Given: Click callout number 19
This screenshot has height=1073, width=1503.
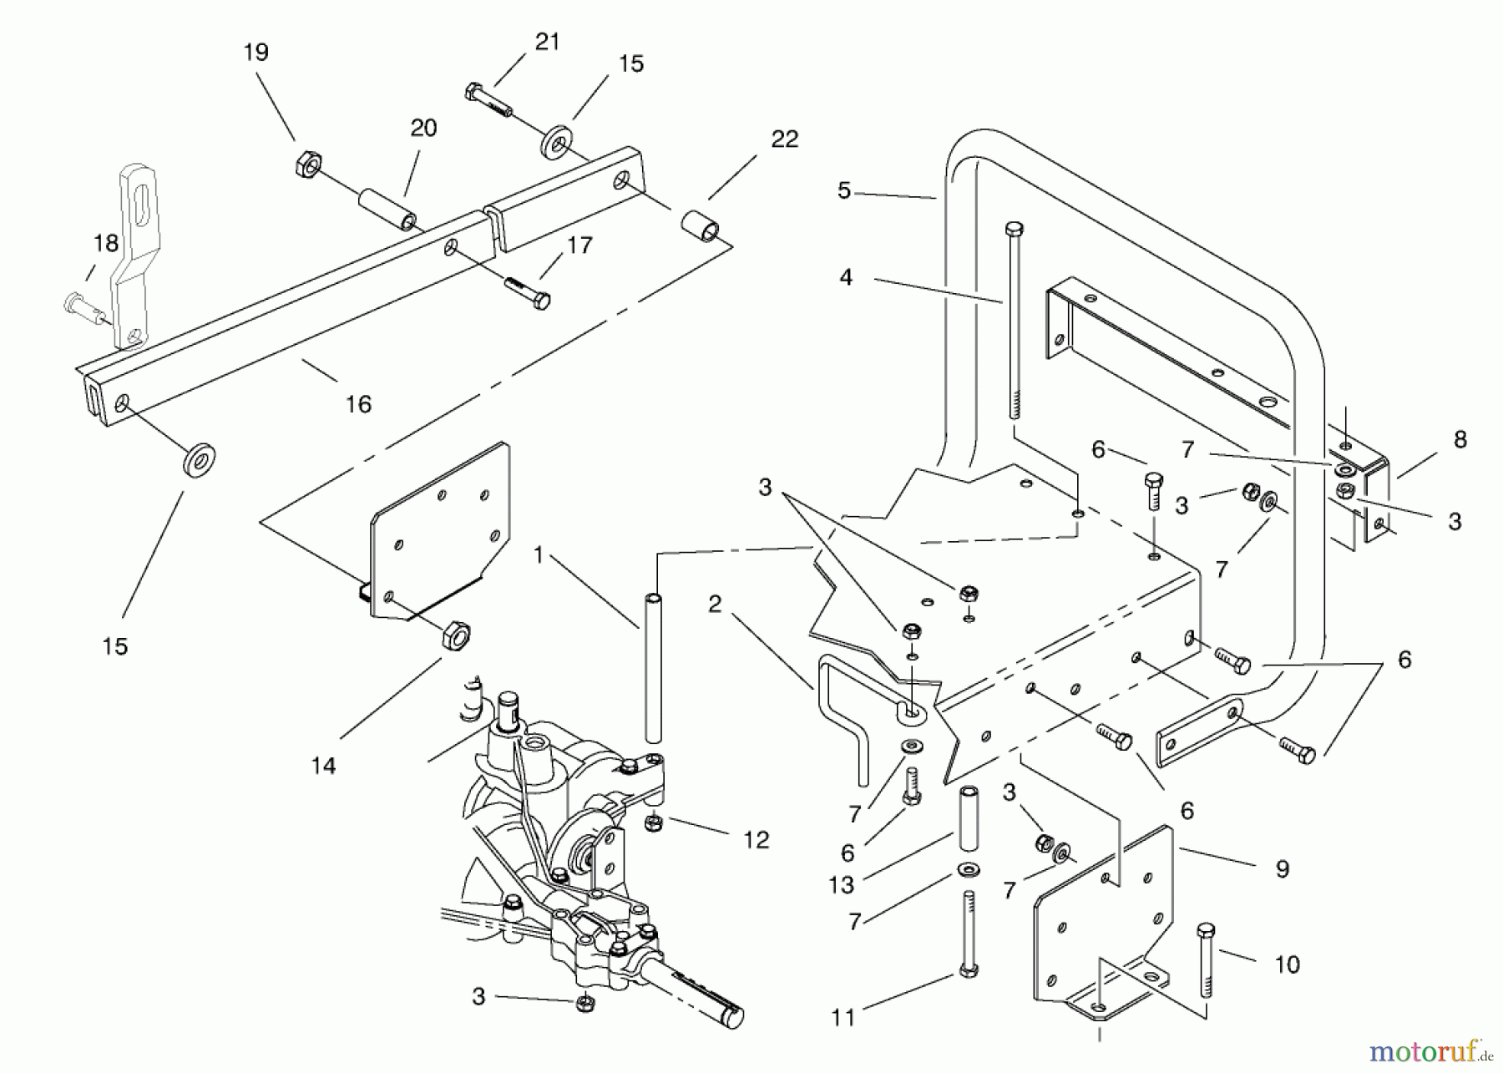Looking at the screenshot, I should (x=256, y=53).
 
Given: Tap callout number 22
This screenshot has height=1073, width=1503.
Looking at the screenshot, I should (x=784, y=139).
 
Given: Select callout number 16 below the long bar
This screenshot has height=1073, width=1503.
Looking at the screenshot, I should (x=358, y=405).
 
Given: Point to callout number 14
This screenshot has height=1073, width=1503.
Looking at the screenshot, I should (x=323, y=765).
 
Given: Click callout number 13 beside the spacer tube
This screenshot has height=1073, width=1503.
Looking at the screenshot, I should (x=841, y=883).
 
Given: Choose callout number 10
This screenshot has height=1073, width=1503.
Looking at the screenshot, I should (x=1287, y=964).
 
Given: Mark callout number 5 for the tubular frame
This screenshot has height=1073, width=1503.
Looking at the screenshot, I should (x=844, y=190).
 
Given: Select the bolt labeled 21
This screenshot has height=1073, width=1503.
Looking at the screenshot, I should (x=488, y=101).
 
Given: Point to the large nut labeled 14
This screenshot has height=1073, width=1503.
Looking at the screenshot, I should (x=455, y=635).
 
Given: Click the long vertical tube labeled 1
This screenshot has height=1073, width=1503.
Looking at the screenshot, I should (x=654, y=668).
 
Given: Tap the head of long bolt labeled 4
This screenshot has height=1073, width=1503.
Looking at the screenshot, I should (x=1015, y=229).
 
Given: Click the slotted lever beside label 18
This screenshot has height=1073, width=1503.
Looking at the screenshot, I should (x=133, y=251).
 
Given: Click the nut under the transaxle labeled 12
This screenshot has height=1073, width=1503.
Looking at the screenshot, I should (x=654, y=824).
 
